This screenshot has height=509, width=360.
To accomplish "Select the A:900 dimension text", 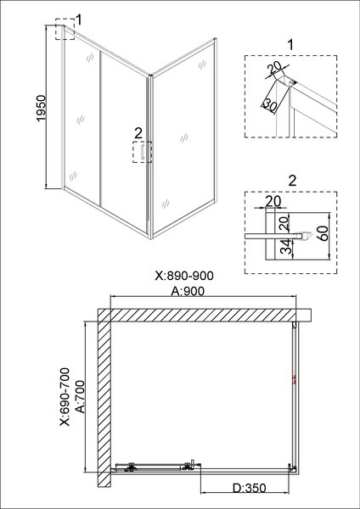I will coord(189,290).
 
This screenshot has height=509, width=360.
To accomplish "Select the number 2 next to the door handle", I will coord(138,131).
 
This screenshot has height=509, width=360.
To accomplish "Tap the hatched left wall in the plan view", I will coord(103,399).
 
